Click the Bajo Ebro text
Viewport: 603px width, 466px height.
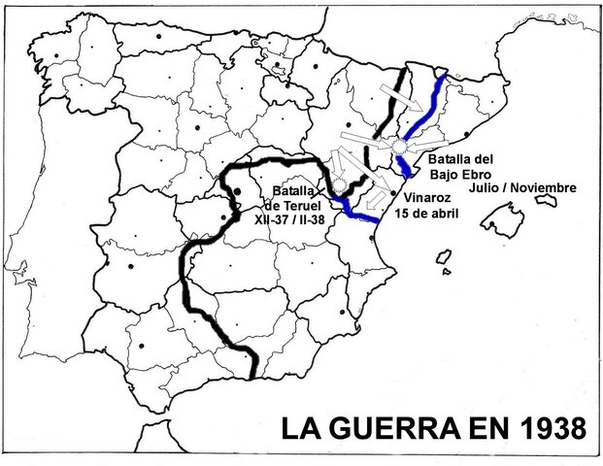click(454, 172)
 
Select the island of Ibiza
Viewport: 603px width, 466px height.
click(444, 259)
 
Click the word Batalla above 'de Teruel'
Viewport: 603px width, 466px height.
click(293, 191)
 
